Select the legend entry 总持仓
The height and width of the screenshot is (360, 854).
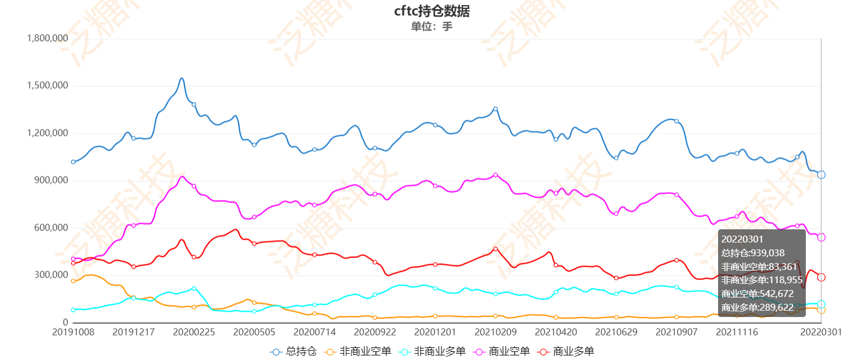coord(294,351)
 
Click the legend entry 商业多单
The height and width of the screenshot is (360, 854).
coord(566,351)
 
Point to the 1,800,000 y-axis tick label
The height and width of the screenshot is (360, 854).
coord(48,38)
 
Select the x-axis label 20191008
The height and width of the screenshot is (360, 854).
coord(73,332)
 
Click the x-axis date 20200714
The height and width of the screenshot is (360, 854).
coord(314,332)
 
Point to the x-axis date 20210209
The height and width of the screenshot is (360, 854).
coord(496,332)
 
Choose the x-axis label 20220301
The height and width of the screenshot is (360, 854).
coord(821,332)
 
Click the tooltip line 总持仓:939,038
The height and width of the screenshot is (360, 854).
coord(753,253)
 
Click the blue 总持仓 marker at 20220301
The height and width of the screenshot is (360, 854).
coord(821,175)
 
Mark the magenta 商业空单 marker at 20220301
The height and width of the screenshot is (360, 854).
coord(821,237)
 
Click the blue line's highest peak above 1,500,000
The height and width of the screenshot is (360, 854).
coord(181,79)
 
